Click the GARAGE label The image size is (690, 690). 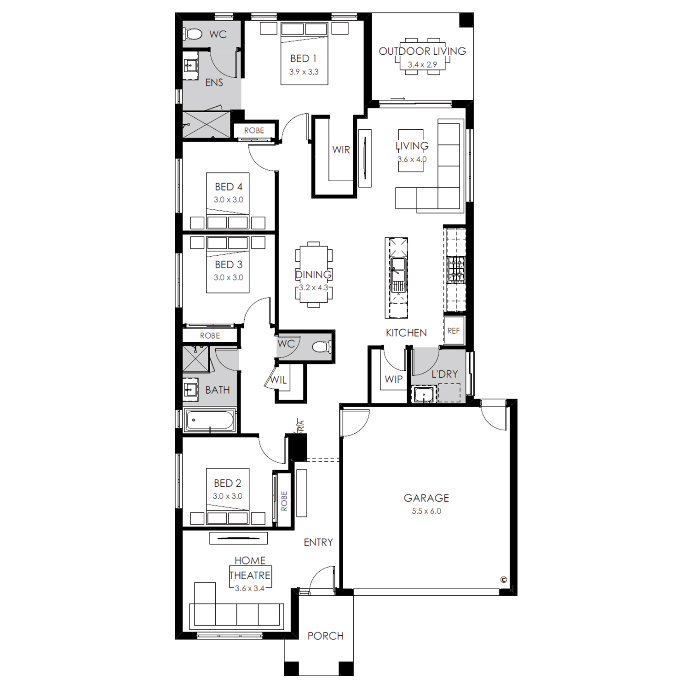click(x=426, y=498)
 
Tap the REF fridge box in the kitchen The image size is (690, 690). click(x=454, y=331)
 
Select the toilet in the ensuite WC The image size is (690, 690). click(x=193, y=34)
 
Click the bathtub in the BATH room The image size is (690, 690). click(x=210, y=420)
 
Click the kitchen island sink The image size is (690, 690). click(x=398, y=275)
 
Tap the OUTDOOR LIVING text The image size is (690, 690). click(x=422, y=51)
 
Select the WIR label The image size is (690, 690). click(x=341, y=149)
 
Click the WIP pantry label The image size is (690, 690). click(x=393, y=379)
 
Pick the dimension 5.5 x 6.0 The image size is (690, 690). click(x=426, y=511)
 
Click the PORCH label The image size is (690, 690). click(x=326, y=636)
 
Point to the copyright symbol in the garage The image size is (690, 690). click(x=504, y=580)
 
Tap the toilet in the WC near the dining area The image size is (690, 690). click(x=322, y=346)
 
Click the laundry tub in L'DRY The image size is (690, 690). click(x=423, y=395)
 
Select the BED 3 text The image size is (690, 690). click(x=229, y=264)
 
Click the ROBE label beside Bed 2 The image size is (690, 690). click(x=284, y=501)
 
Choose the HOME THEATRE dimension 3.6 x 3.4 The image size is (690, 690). click(x=250, y=588)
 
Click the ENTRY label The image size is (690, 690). click(x=318, y=543)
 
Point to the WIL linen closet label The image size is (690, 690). click(x=278, y=380)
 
